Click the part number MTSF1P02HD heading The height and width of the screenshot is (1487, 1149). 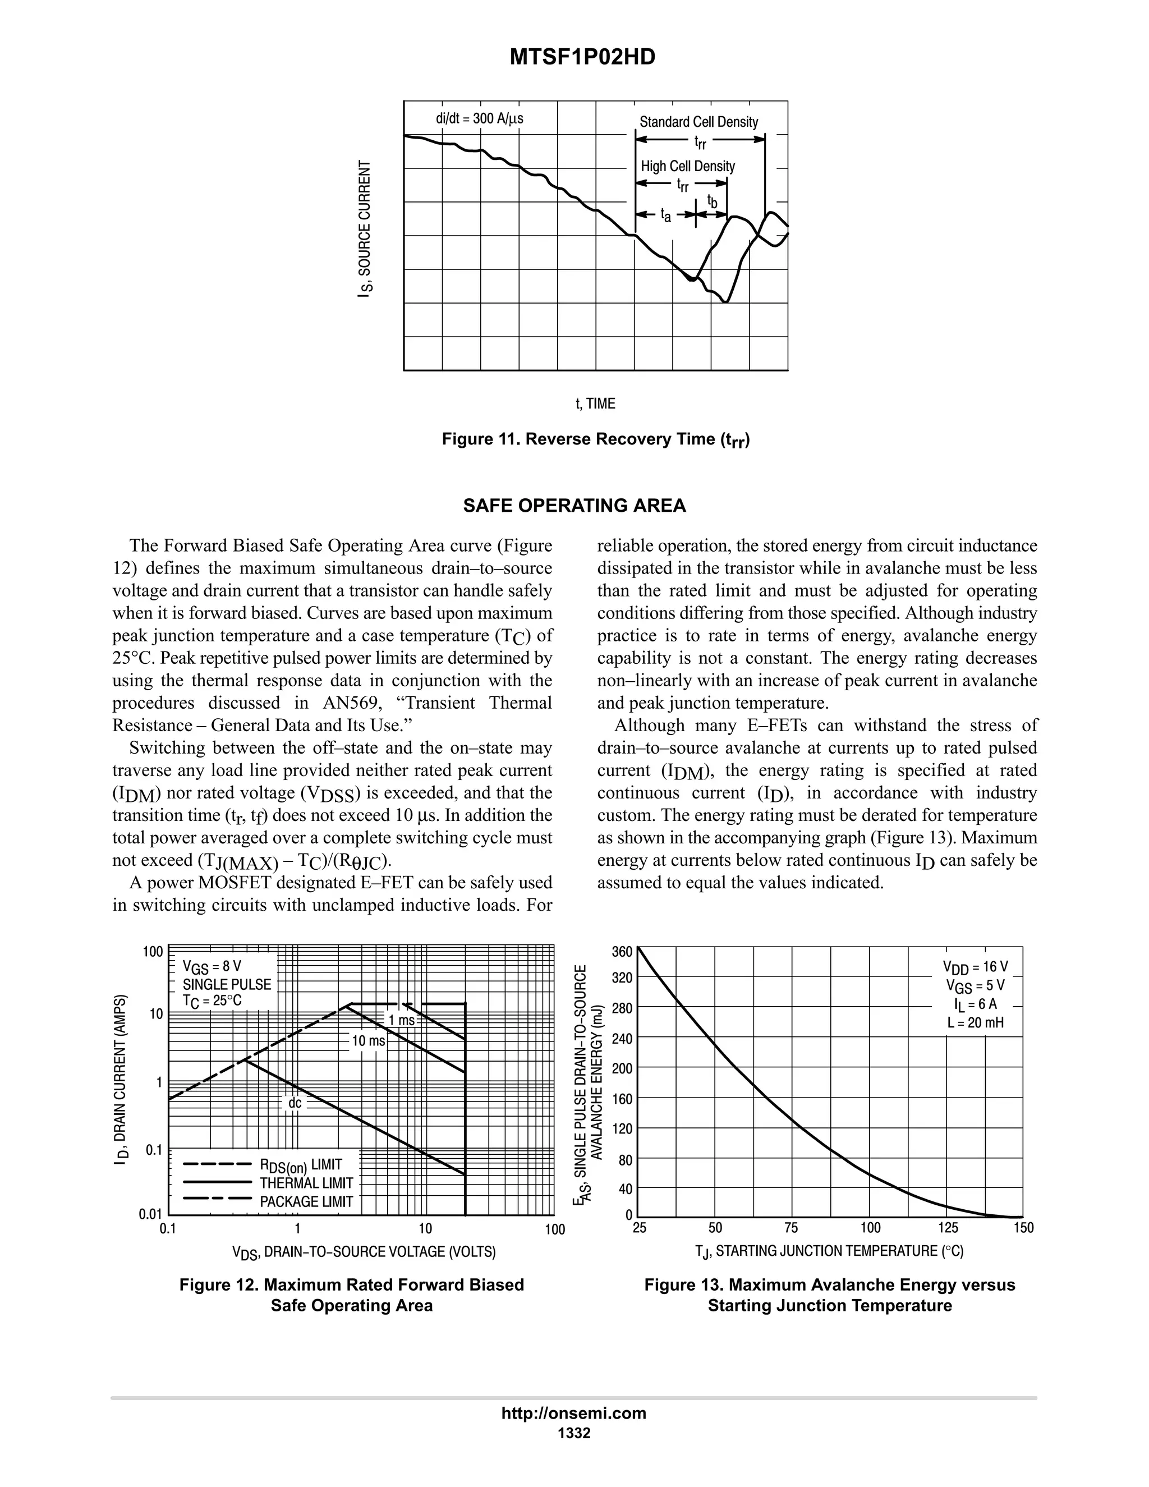(x=582, y=57)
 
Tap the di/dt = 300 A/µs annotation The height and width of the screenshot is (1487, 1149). (x=479, y=118)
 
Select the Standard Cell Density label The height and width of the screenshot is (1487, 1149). (x=698, y=122)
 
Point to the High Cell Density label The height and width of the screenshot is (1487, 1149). (x=687, y=166)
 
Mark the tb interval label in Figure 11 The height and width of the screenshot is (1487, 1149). (x=712, y=201)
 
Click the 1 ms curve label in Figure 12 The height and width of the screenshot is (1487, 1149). (x=402, y=1020)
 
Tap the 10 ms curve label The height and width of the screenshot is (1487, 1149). (x=368, y=1040)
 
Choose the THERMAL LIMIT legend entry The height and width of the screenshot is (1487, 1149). (x=306, y=1183)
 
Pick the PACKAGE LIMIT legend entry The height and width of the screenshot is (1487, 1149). (x=306, y=1202)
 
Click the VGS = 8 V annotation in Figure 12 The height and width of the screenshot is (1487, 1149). (x=212, y=966)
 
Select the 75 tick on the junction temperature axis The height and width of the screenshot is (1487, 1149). (x=791, y=1228)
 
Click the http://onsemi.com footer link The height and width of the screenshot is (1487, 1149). (x=573, y=1413)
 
